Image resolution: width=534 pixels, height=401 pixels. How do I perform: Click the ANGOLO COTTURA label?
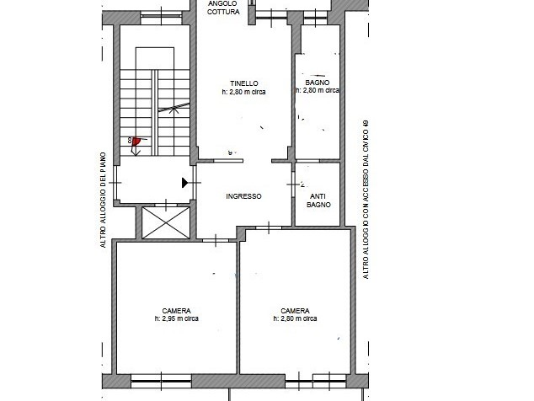[x=222, y=7]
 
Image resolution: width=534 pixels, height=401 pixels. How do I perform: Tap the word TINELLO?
[x=243, y=83]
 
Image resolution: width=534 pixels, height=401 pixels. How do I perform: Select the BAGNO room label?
[x=316, y=82]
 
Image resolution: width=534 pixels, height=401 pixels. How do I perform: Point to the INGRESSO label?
[x=243, y=196]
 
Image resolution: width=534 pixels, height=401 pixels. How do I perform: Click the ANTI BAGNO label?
[x=318, y=200]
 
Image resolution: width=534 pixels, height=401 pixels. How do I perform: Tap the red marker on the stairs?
[x=136, y=141]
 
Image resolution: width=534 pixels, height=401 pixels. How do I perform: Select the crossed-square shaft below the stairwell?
[x=164, y=222]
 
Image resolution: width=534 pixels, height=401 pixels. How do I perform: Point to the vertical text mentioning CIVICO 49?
[x=366, y=199]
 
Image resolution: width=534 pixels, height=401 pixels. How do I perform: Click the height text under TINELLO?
[x=243, y=92]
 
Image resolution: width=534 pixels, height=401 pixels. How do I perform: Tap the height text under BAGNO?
[x=317, y=91]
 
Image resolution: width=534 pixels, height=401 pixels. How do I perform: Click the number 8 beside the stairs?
[x=130, y=142]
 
